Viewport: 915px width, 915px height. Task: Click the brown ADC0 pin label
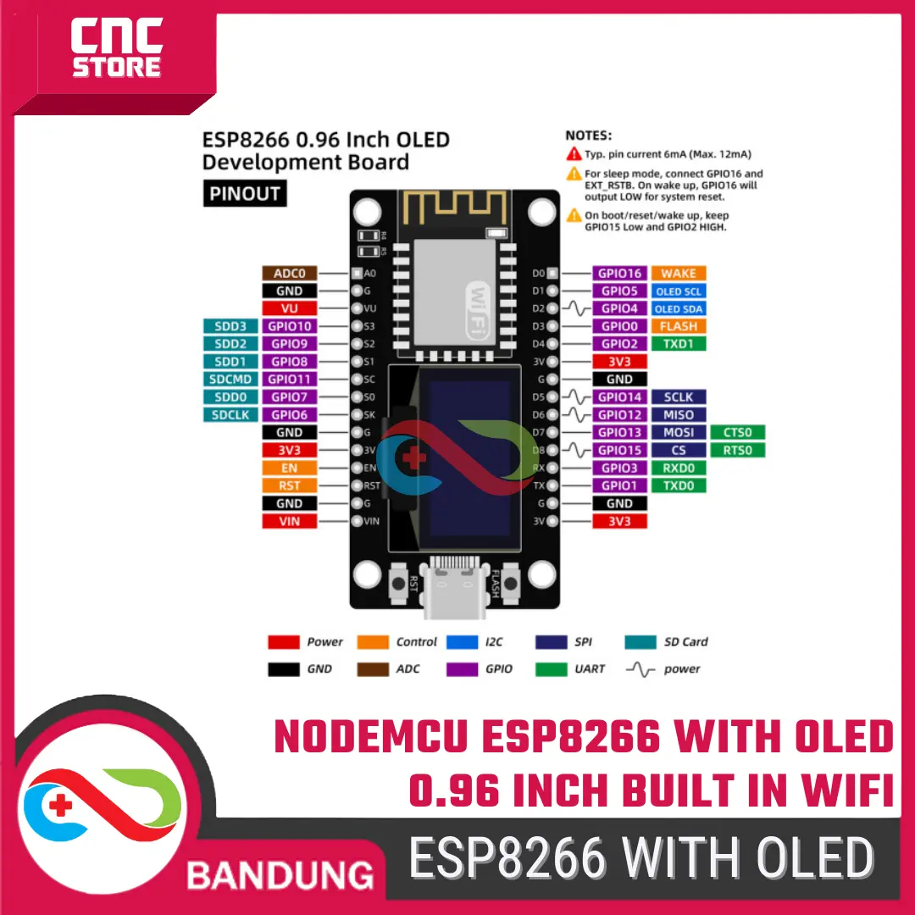click(x=290, y=273)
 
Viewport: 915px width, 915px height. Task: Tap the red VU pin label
click(x=290, y=308)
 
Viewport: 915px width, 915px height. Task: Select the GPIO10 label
click(x=290, y=326)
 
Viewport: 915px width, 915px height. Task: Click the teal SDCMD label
click(x=230, y=380)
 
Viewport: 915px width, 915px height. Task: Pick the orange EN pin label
click(x=290, y=468)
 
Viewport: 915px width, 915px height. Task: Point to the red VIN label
click(x=290, y=521)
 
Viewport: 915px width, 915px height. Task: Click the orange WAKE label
click(x=679, y=273)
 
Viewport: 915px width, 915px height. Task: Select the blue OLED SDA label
click(x=679, y=308)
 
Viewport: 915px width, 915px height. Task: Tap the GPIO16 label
click(x=619, y=273)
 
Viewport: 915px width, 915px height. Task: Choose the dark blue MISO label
click(x=679, y=415)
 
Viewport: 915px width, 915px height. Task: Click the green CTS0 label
click(x=738, y=432)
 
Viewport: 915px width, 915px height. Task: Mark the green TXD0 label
click(x=679, y=485)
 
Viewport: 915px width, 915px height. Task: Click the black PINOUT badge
click(x=245, y=193)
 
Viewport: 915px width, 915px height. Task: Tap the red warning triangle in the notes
click(x=574, y=154)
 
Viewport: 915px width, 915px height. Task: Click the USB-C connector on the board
click(x=455, y=586)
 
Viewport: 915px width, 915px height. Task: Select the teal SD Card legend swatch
click(x=640, y=642)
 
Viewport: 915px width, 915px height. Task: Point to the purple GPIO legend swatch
click(x=463, y=669)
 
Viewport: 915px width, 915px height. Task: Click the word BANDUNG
click(x=280, y=875)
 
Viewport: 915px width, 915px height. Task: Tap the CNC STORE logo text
click(x=117, y=47)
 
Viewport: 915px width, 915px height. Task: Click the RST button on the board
click(x=398, y=583)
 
